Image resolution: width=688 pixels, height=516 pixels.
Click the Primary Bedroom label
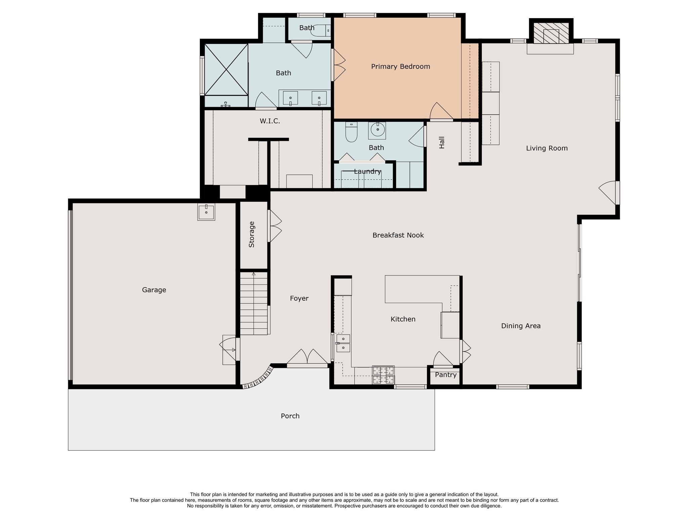coord(400,67)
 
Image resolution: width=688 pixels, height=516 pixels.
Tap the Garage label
coord(154,290)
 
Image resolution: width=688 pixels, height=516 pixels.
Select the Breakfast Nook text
coord(398,235)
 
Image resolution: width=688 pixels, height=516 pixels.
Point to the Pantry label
coord(445,375)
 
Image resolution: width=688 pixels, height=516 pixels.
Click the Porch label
coord(290,416)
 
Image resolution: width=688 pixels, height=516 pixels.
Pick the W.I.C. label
coord(270,121)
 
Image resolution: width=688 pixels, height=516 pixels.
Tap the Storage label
coord(252,234)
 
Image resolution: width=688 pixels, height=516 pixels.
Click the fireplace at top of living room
coord(551,33)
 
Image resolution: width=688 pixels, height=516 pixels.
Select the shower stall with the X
coord(226,70)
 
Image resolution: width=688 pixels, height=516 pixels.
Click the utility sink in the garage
coord(206,212)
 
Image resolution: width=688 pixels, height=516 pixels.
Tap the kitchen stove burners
coord(383,375)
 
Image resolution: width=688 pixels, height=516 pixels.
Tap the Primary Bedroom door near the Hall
coord(441,112)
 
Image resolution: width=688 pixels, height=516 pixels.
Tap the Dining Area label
coord(521,326)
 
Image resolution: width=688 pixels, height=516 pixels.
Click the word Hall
coord(442,142)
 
